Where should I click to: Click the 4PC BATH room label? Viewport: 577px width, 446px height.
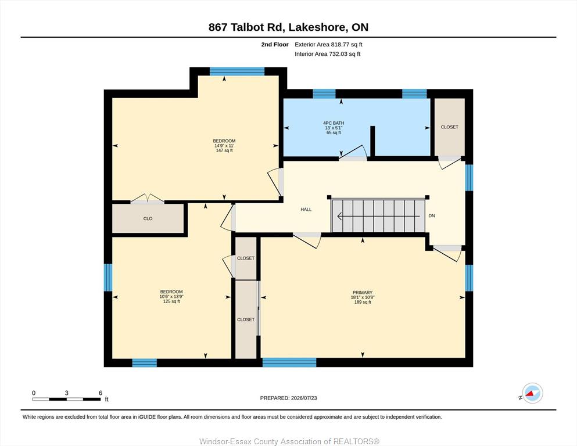point(334,123)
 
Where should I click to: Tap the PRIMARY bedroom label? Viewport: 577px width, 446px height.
point(363,293)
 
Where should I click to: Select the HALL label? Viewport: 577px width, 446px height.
point(306,210)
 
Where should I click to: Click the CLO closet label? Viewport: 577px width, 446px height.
point(148,218)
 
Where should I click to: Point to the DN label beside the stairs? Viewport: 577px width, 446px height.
point(432,216)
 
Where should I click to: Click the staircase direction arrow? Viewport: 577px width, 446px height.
point(378,216)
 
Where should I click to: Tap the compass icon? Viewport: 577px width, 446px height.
point(532,393)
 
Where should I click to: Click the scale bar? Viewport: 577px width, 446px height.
point(67,399)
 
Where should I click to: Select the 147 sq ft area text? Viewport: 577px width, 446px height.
point(224,150)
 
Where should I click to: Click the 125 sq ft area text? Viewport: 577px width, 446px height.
point(171,301)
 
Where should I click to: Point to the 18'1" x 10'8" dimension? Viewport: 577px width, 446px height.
point(363,297)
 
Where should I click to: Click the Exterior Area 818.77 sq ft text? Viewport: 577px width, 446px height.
point(329,45)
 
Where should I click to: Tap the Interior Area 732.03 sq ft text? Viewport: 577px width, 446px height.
point(328,54)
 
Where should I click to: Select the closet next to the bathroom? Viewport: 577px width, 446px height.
point(449,127)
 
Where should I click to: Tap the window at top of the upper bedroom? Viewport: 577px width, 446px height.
point(237,71)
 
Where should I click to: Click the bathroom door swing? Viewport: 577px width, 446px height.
point(353,152)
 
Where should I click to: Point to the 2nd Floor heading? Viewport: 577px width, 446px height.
point(275,45)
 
